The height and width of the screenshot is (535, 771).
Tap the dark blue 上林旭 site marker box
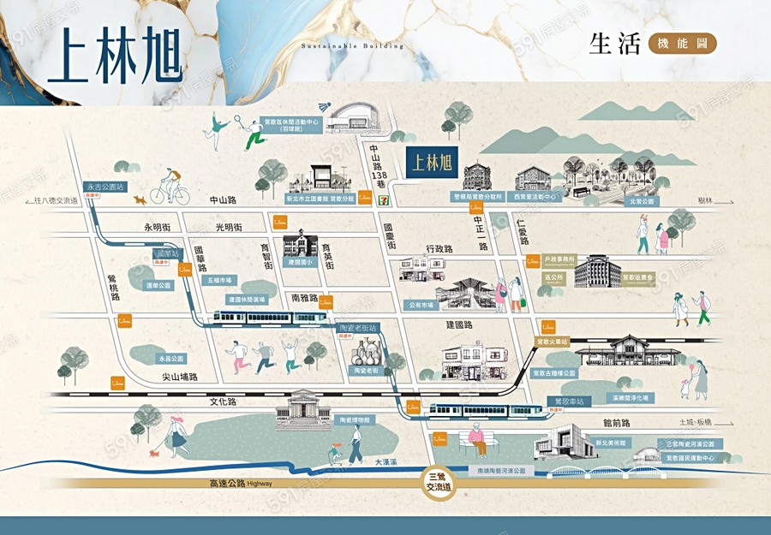431,162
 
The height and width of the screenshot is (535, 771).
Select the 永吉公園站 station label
105,186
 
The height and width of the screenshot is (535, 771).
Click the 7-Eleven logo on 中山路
366,198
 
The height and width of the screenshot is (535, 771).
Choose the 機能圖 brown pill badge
682,44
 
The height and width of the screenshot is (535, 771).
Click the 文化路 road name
223,401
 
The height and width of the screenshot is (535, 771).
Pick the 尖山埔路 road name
180,377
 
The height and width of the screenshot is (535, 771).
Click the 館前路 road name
616,423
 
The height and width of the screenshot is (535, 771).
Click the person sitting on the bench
476,441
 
